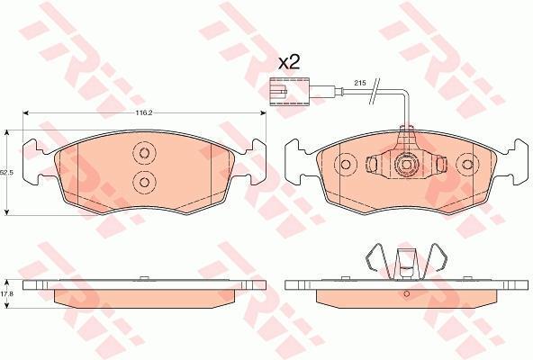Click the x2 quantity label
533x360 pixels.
[x=289, y=63]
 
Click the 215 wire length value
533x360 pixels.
[x=358, y=83]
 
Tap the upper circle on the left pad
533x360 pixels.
[x=144, y=153]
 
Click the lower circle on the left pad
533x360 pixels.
[x=144, y=183]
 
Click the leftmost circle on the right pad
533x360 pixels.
[x=346, y=165]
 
